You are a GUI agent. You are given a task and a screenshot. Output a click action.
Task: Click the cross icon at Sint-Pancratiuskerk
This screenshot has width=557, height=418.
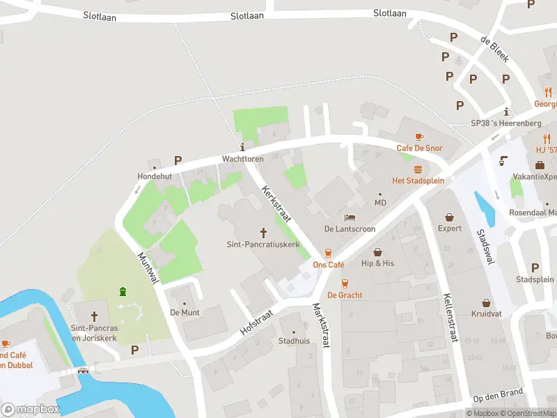pyautogui.click(x=264, y=232)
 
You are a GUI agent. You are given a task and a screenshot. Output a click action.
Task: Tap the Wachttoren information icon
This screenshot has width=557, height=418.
pyautogui.click(x=242, y=147)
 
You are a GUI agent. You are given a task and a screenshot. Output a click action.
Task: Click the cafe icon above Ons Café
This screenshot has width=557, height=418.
pyautogui.click(x=328, y=253)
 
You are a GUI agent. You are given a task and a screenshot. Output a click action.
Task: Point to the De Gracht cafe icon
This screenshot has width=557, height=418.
pyautogui.click(x=344, y=283)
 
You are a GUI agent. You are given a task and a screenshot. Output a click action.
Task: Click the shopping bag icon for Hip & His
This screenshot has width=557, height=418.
pyautogui.click(x=377, y=251)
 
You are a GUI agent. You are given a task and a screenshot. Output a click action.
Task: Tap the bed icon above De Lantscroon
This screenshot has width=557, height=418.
pyautogui.click(x=350, y=217)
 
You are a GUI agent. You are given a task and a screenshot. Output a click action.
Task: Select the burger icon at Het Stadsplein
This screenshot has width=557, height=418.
pyautogui.click(x=418, y=169)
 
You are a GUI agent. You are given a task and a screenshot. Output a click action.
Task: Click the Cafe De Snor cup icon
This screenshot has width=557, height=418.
pyautogui.click(x=419, y=137)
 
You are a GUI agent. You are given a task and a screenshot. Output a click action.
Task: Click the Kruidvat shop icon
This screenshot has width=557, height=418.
pyautogui.click(x=487, y=304)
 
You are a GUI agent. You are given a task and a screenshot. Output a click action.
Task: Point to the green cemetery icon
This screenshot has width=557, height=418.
pyautogui.click(x=123, y=291)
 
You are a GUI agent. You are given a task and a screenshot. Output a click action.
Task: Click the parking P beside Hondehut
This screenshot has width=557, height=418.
pyautogui.click(x=178, y=160)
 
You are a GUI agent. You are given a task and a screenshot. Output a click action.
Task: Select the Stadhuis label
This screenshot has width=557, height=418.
pyautogui.click(x=293, y=341)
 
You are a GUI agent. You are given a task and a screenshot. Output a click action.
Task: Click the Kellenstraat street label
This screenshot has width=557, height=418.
pyautogui.click(x=450, y=318)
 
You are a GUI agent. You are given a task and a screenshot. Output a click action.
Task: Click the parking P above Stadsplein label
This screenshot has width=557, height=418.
pyautogui.click(x=535, y=268)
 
